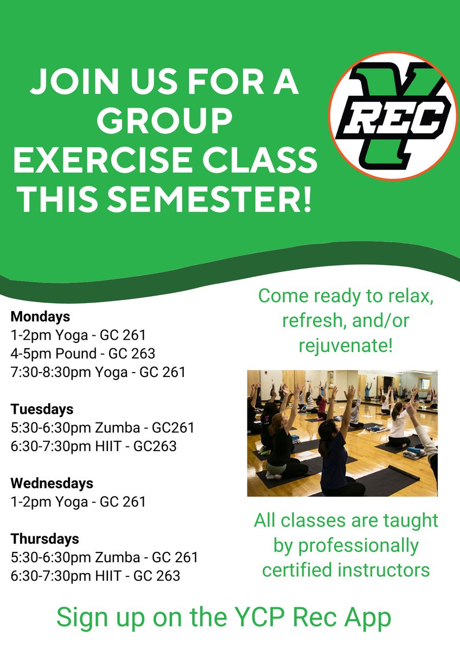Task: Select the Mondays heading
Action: pos(40,316)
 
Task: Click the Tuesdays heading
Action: pos(42,408)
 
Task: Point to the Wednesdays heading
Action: pos(52,483)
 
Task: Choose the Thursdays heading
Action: pos(44,539)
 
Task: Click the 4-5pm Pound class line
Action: pos(82,354)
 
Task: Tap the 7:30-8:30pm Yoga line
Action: pos(98,372)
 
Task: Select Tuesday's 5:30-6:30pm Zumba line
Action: pos(102,428)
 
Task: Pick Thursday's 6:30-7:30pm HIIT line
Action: pos(95,575)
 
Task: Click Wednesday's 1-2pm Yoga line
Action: pos(78,502)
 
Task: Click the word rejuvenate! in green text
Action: pos(346,345)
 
